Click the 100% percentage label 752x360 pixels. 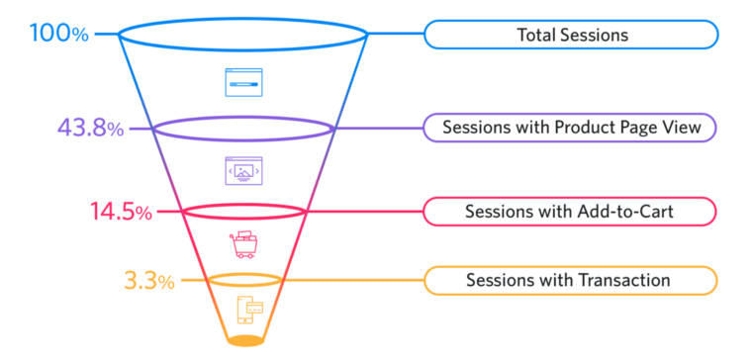click(x=58, y=34)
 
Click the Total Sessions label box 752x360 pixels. click(x=571, y=35)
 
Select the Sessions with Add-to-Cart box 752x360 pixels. click(x=571, y=212)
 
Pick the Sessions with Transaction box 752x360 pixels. click(x=571, y=281)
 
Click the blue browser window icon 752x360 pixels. click(x=243, y=82)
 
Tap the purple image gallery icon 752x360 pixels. click(x=243, y=171)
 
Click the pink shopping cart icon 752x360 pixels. click(x=243, y=243)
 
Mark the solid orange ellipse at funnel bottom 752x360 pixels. click(x=245, y=341)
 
